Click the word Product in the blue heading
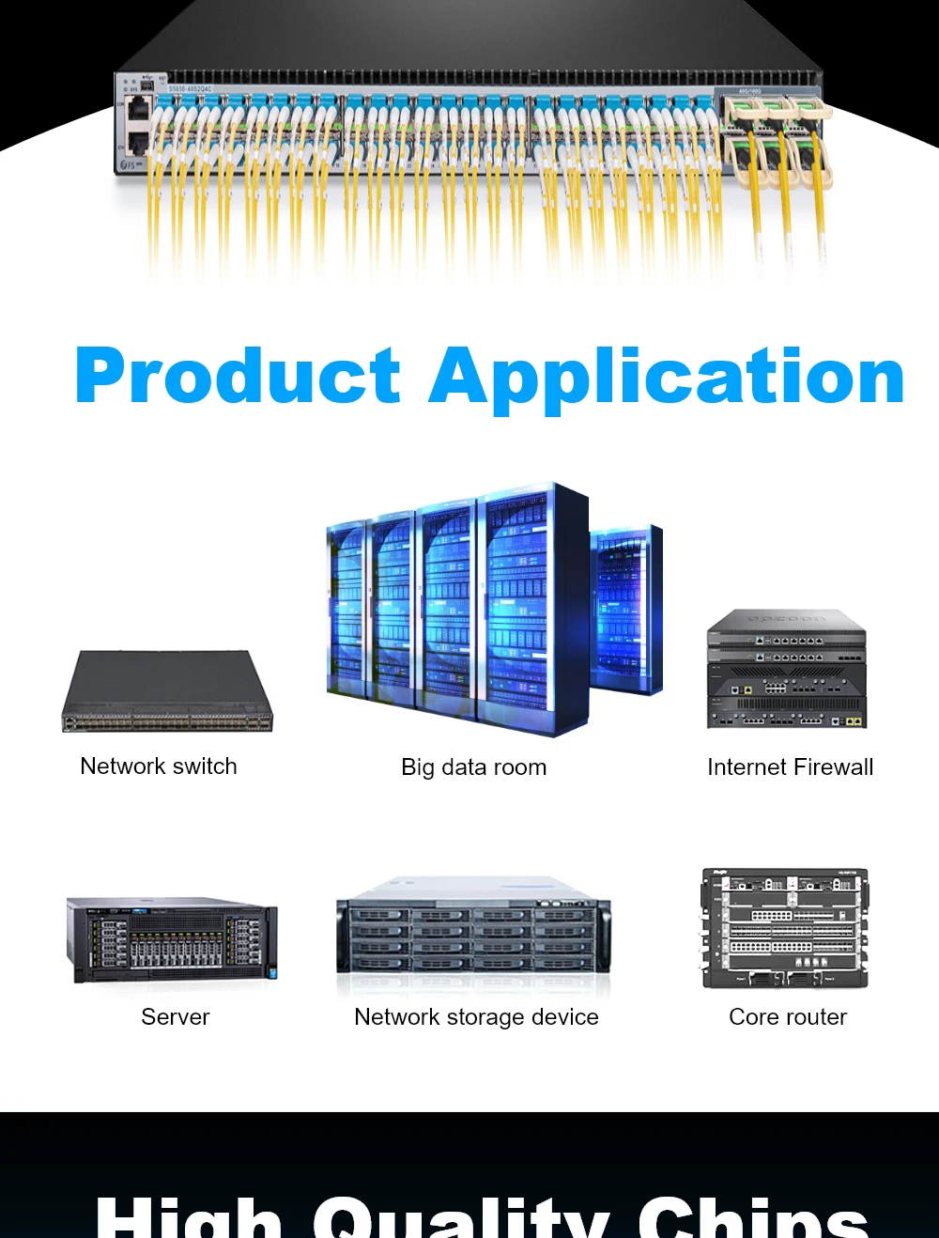point(238,376)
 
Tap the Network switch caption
point(159,766)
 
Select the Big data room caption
point(473,767)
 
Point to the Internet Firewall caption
point(790,767)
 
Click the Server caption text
point(176,1017)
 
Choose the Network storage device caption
point(476,1017)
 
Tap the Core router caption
point(788,1017)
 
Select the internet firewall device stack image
point(786,670)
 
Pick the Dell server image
point(172,939)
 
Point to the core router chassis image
point(785,928)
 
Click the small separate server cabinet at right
point(625,611)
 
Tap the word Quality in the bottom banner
point(460,1218)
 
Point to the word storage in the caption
point(485,1017)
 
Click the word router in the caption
point(816,1017)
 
